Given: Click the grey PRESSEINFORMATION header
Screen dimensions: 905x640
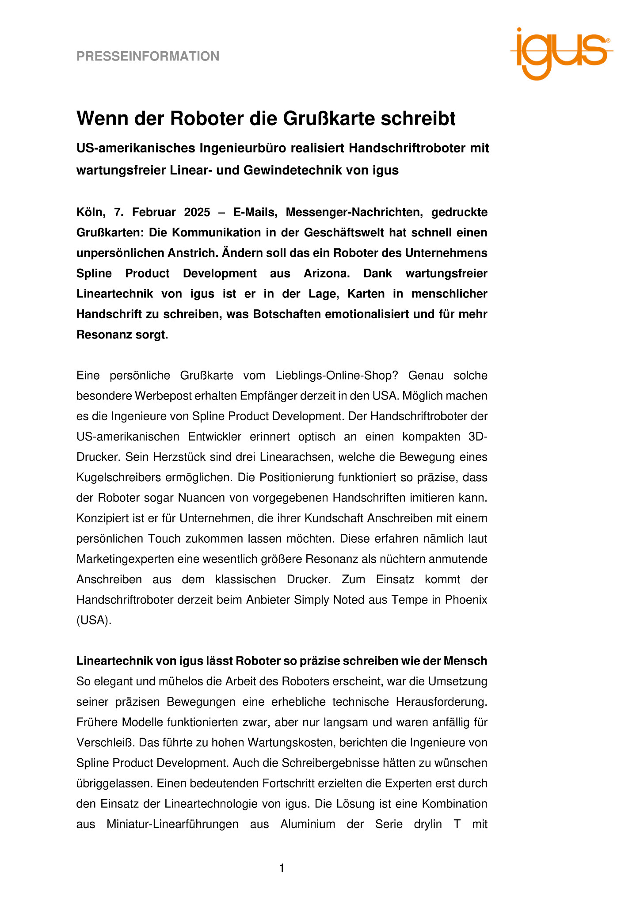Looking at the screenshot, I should click(x=148, y=57).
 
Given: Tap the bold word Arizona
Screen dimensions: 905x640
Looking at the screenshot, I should click(x=327, y=274).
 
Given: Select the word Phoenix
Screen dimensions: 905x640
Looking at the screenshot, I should click(x=466, y=600).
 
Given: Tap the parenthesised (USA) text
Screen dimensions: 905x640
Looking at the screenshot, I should click(x=94, y=620).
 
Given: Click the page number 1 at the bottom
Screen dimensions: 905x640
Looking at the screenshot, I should click(x=282, y=869).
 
